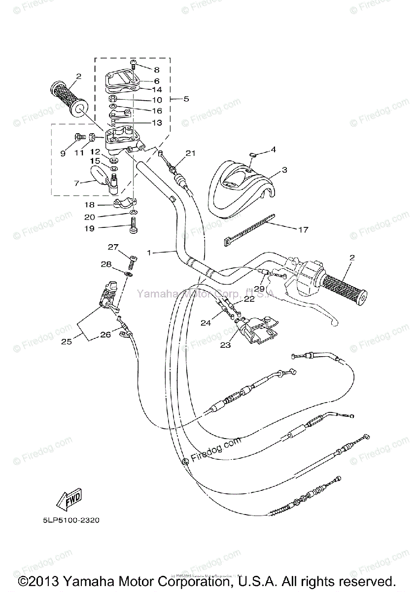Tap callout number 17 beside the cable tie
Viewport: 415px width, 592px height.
[303, 229]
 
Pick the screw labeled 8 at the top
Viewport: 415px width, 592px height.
[133, 63]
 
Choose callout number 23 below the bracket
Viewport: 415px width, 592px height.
[225, 345]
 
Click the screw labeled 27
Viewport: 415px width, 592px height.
[132, 259]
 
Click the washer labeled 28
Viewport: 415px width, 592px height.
[130, 273]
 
